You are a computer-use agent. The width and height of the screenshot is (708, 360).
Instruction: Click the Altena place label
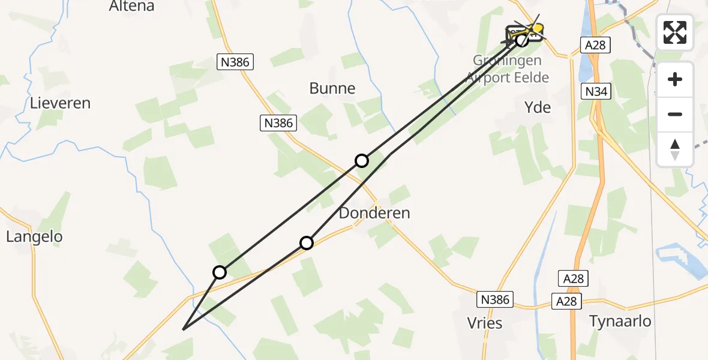point(131,6)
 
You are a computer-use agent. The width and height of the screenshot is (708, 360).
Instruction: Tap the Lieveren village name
point(60,103)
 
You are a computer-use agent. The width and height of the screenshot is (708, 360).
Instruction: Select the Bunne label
point(332,89)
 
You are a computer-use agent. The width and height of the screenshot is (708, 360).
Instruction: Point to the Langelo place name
point(34,237)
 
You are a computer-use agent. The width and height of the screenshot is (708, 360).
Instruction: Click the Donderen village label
point(374,213)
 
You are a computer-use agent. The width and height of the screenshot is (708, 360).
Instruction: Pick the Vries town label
point(485,323)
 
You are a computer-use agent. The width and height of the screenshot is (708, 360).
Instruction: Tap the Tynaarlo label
point(620,321)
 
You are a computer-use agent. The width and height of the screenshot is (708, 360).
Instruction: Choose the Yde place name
point(538,107)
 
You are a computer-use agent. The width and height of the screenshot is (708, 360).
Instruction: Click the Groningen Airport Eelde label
point(511,69)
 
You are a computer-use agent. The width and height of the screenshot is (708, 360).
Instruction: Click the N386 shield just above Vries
point(494,299)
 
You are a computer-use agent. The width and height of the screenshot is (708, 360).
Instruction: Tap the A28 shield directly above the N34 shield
point(596,44)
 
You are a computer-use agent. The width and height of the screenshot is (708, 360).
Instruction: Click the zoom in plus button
point(675,79)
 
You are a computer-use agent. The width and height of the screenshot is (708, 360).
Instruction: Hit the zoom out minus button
point(675,114)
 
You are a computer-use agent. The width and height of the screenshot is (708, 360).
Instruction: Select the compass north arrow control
point(675,149)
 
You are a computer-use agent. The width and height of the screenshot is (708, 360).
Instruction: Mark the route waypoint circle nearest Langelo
point(220,272)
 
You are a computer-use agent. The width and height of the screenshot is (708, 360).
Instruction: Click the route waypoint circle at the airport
point(522,40)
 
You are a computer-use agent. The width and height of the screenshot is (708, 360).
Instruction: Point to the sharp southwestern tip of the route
point(183,329)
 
